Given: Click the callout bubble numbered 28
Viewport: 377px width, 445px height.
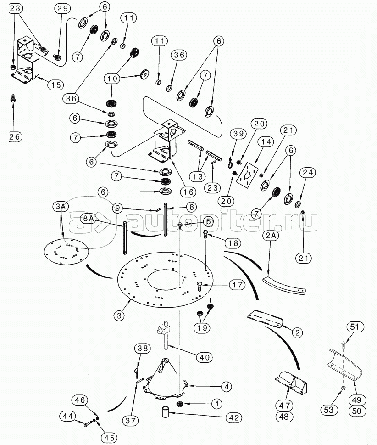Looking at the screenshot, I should [15, 8].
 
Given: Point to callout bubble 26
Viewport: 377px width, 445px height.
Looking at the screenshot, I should [15, 136].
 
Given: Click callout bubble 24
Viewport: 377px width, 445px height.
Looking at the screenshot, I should [307, 173].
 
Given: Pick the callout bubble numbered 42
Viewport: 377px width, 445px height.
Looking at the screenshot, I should [234, 417].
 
